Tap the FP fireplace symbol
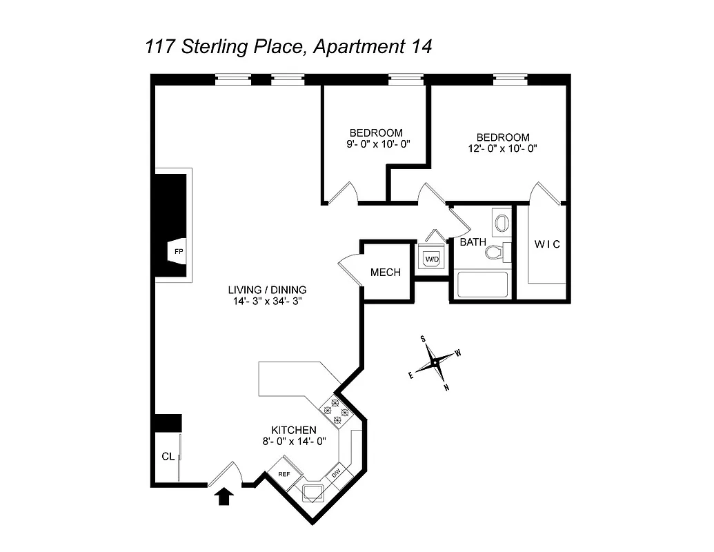(x=178, y=251)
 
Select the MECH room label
(x=385, y=272)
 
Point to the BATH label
(x=473, y=242)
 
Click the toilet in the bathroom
(x=495, y=252)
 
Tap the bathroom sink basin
(x=502, y=223)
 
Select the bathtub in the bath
(x=482, y=285)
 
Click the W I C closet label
(x=547, y=244)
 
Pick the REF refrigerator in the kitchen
(x=284, y=474)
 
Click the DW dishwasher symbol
(x=336, y=473)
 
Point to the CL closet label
(x=166, y=456)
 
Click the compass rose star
(x=435, y=363)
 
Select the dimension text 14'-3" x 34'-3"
(x=268, y=301)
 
